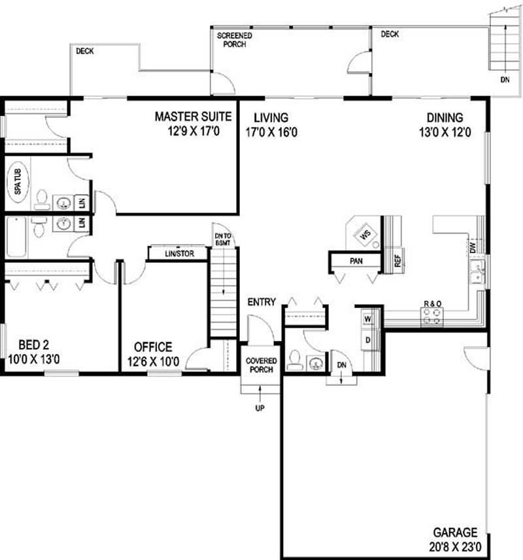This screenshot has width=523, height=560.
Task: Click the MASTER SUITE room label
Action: [193, 117]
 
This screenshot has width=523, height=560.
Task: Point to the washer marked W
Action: [367, 319]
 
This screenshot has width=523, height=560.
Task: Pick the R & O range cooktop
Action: [432, 317]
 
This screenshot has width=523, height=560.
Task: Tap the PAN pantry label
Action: [356, 261]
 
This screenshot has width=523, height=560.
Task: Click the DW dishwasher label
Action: [471, 247]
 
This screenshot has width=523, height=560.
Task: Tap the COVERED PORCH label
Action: [261, 365]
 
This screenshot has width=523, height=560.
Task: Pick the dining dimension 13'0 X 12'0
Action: [445, 131]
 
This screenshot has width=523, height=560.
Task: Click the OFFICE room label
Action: [153, 347]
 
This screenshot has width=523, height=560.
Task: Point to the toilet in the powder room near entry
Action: [295, 360]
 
